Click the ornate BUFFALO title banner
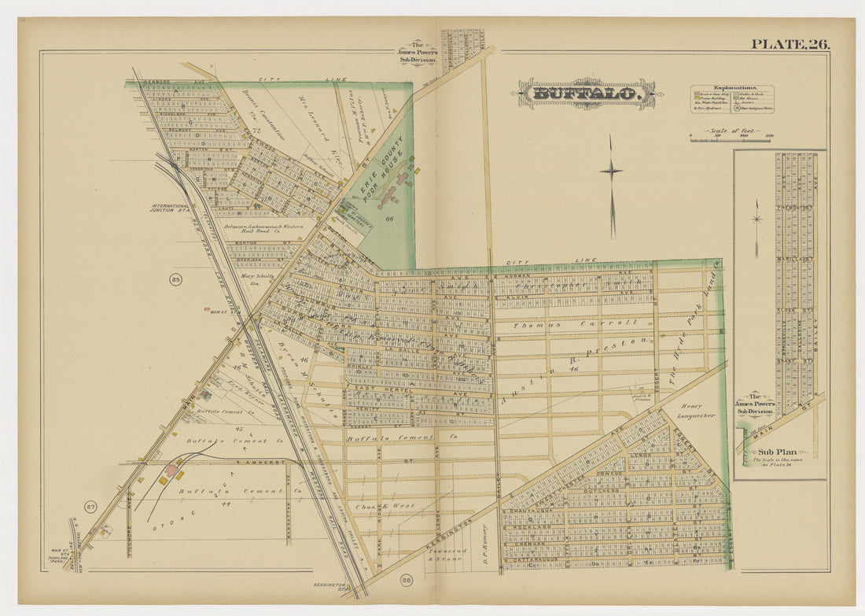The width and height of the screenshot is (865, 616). pos(586,94)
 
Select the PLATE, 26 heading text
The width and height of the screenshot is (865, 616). pos(790,44)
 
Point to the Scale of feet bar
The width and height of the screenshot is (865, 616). pos(731,138)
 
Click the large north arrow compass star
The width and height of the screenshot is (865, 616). pos(612,171)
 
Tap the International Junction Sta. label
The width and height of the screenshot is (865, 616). pos(173,208)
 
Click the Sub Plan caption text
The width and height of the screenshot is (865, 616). pos(778,452)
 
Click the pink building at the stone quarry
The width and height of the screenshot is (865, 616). pos(169,472)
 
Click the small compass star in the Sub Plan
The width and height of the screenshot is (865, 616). pos(757,216)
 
